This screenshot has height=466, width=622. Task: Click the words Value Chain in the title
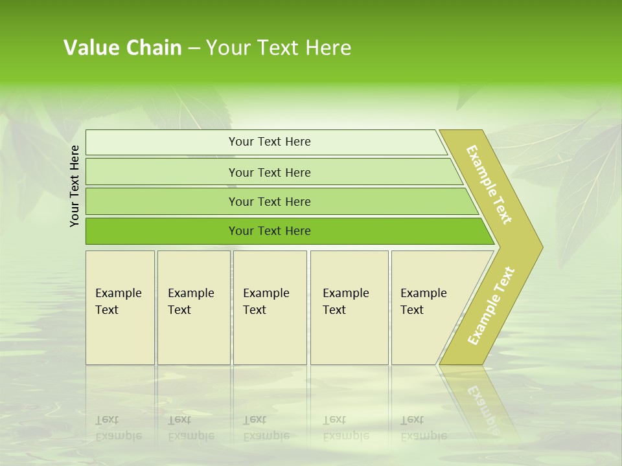tap(122, 48)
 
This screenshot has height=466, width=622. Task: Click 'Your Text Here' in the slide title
tap(279, 48)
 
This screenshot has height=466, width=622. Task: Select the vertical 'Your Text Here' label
tap(75, 186)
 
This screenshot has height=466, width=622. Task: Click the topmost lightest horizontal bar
tap(269, 142)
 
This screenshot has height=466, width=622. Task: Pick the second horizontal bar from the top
tap(269, 172)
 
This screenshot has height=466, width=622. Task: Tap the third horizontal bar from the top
tap(269, 202)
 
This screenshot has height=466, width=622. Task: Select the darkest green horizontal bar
tap(269, 231)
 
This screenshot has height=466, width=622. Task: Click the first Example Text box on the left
tap(120, 307)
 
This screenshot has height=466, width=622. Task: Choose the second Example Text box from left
tap(193, 307)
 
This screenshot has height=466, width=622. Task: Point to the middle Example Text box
tap(270, 307)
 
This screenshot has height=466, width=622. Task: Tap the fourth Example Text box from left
tap(349, 307)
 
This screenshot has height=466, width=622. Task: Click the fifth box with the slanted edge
tap(428, 307)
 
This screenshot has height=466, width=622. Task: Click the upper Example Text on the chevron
tap(490, 184)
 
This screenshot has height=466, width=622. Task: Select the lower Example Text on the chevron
tap(491, 305)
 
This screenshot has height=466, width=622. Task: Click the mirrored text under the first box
tap(118, 428)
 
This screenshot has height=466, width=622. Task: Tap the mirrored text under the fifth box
tap(423, 428)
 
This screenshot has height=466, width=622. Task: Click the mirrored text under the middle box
tap(266, 428)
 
